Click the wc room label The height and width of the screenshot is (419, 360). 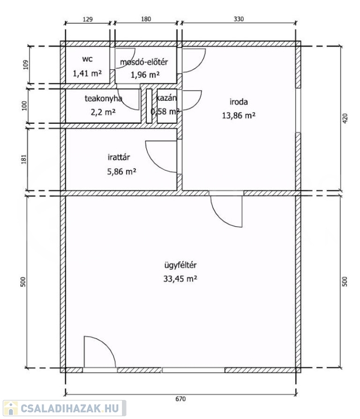click(87, 59)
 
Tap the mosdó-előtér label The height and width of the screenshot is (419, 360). click(143, 62)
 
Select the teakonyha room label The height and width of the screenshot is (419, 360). click(103, 98)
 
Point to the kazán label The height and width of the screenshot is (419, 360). click(166, 98)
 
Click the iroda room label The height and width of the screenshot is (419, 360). click(238, 102)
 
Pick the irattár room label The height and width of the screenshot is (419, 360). click(119, 157)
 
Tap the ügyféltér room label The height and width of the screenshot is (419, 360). click(180, 265)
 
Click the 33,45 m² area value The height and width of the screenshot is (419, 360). click(180, 279)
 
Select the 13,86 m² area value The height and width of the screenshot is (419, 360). click(238, 116)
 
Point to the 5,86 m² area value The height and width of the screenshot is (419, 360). click(122, 171)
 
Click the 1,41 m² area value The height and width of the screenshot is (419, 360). click(87, 73)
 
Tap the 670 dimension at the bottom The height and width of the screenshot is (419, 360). click(181, 399)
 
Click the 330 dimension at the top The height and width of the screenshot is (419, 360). click(238, 19)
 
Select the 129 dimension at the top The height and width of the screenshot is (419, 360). click(88, 19)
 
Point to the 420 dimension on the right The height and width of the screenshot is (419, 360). click(345, 118)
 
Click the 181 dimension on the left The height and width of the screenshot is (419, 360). click(24, 159)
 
